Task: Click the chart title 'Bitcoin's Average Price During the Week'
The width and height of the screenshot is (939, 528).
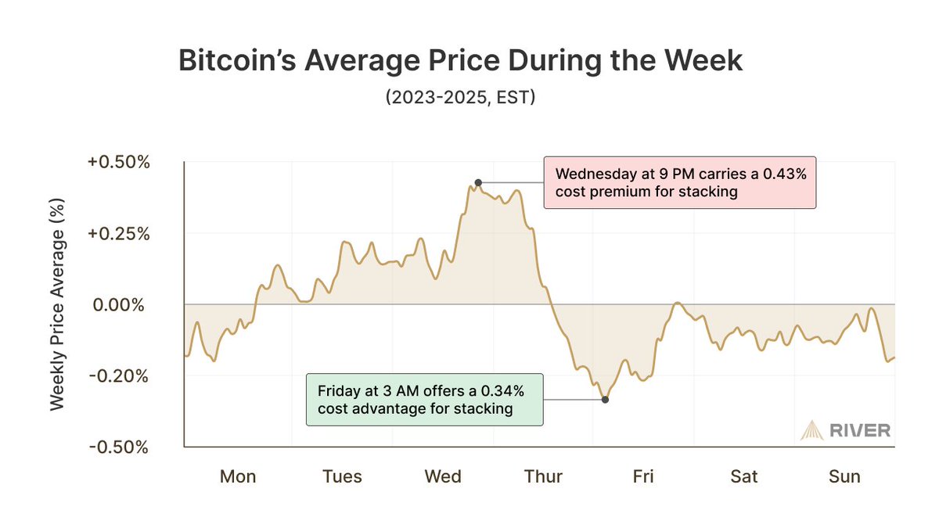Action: click(460, 62)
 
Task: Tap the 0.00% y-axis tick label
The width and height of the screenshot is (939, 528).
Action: click(118, 305)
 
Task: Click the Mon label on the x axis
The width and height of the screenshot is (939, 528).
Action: click(237, 476)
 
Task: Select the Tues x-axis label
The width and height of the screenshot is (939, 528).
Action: click(342, 476)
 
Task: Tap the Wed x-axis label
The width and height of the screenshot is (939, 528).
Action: click(442, 476)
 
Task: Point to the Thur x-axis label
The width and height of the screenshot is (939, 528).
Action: click(543, 476)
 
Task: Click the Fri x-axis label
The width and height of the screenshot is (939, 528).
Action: click(643, 476)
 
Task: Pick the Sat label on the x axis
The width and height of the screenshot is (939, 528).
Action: click(744, 476)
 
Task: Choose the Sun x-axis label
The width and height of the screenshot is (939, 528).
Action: click(844, 476)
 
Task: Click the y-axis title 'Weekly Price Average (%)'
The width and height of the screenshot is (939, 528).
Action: click(58, 305)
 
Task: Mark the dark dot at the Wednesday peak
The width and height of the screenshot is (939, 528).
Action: click(477, 183)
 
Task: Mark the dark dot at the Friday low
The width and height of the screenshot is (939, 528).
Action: click(605, 400)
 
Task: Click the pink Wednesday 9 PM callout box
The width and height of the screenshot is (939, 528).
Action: click(679, 183)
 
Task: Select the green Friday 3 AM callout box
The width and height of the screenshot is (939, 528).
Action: click(425, 399)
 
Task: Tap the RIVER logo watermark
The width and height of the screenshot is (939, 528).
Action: click(845, 430)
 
